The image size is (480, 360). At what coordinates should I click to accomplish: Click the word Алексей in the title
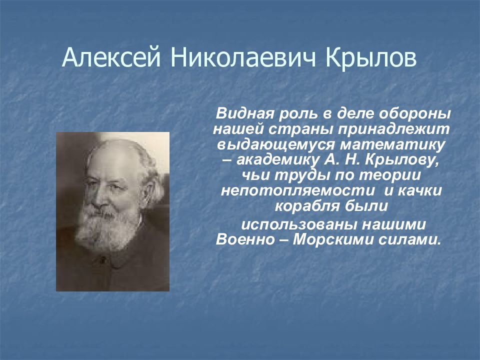(x=111, y=57)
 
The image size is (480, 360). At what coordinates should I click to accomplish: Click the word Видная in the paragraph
(x=244, y=114)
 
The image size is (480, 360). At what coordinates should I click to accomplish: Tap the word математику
(x=393, y=145)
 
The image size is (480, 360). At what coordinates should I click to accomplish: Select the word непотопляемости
(x=297, y=191)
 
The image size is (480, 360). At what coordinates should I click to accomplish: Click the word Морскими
(x=333, y=239)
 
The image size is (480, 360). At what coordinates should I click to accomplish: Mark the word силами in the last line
(x=409, y=239)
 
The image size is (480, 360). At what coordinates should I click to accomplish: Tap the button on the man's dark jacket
(x=102, y=260)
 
